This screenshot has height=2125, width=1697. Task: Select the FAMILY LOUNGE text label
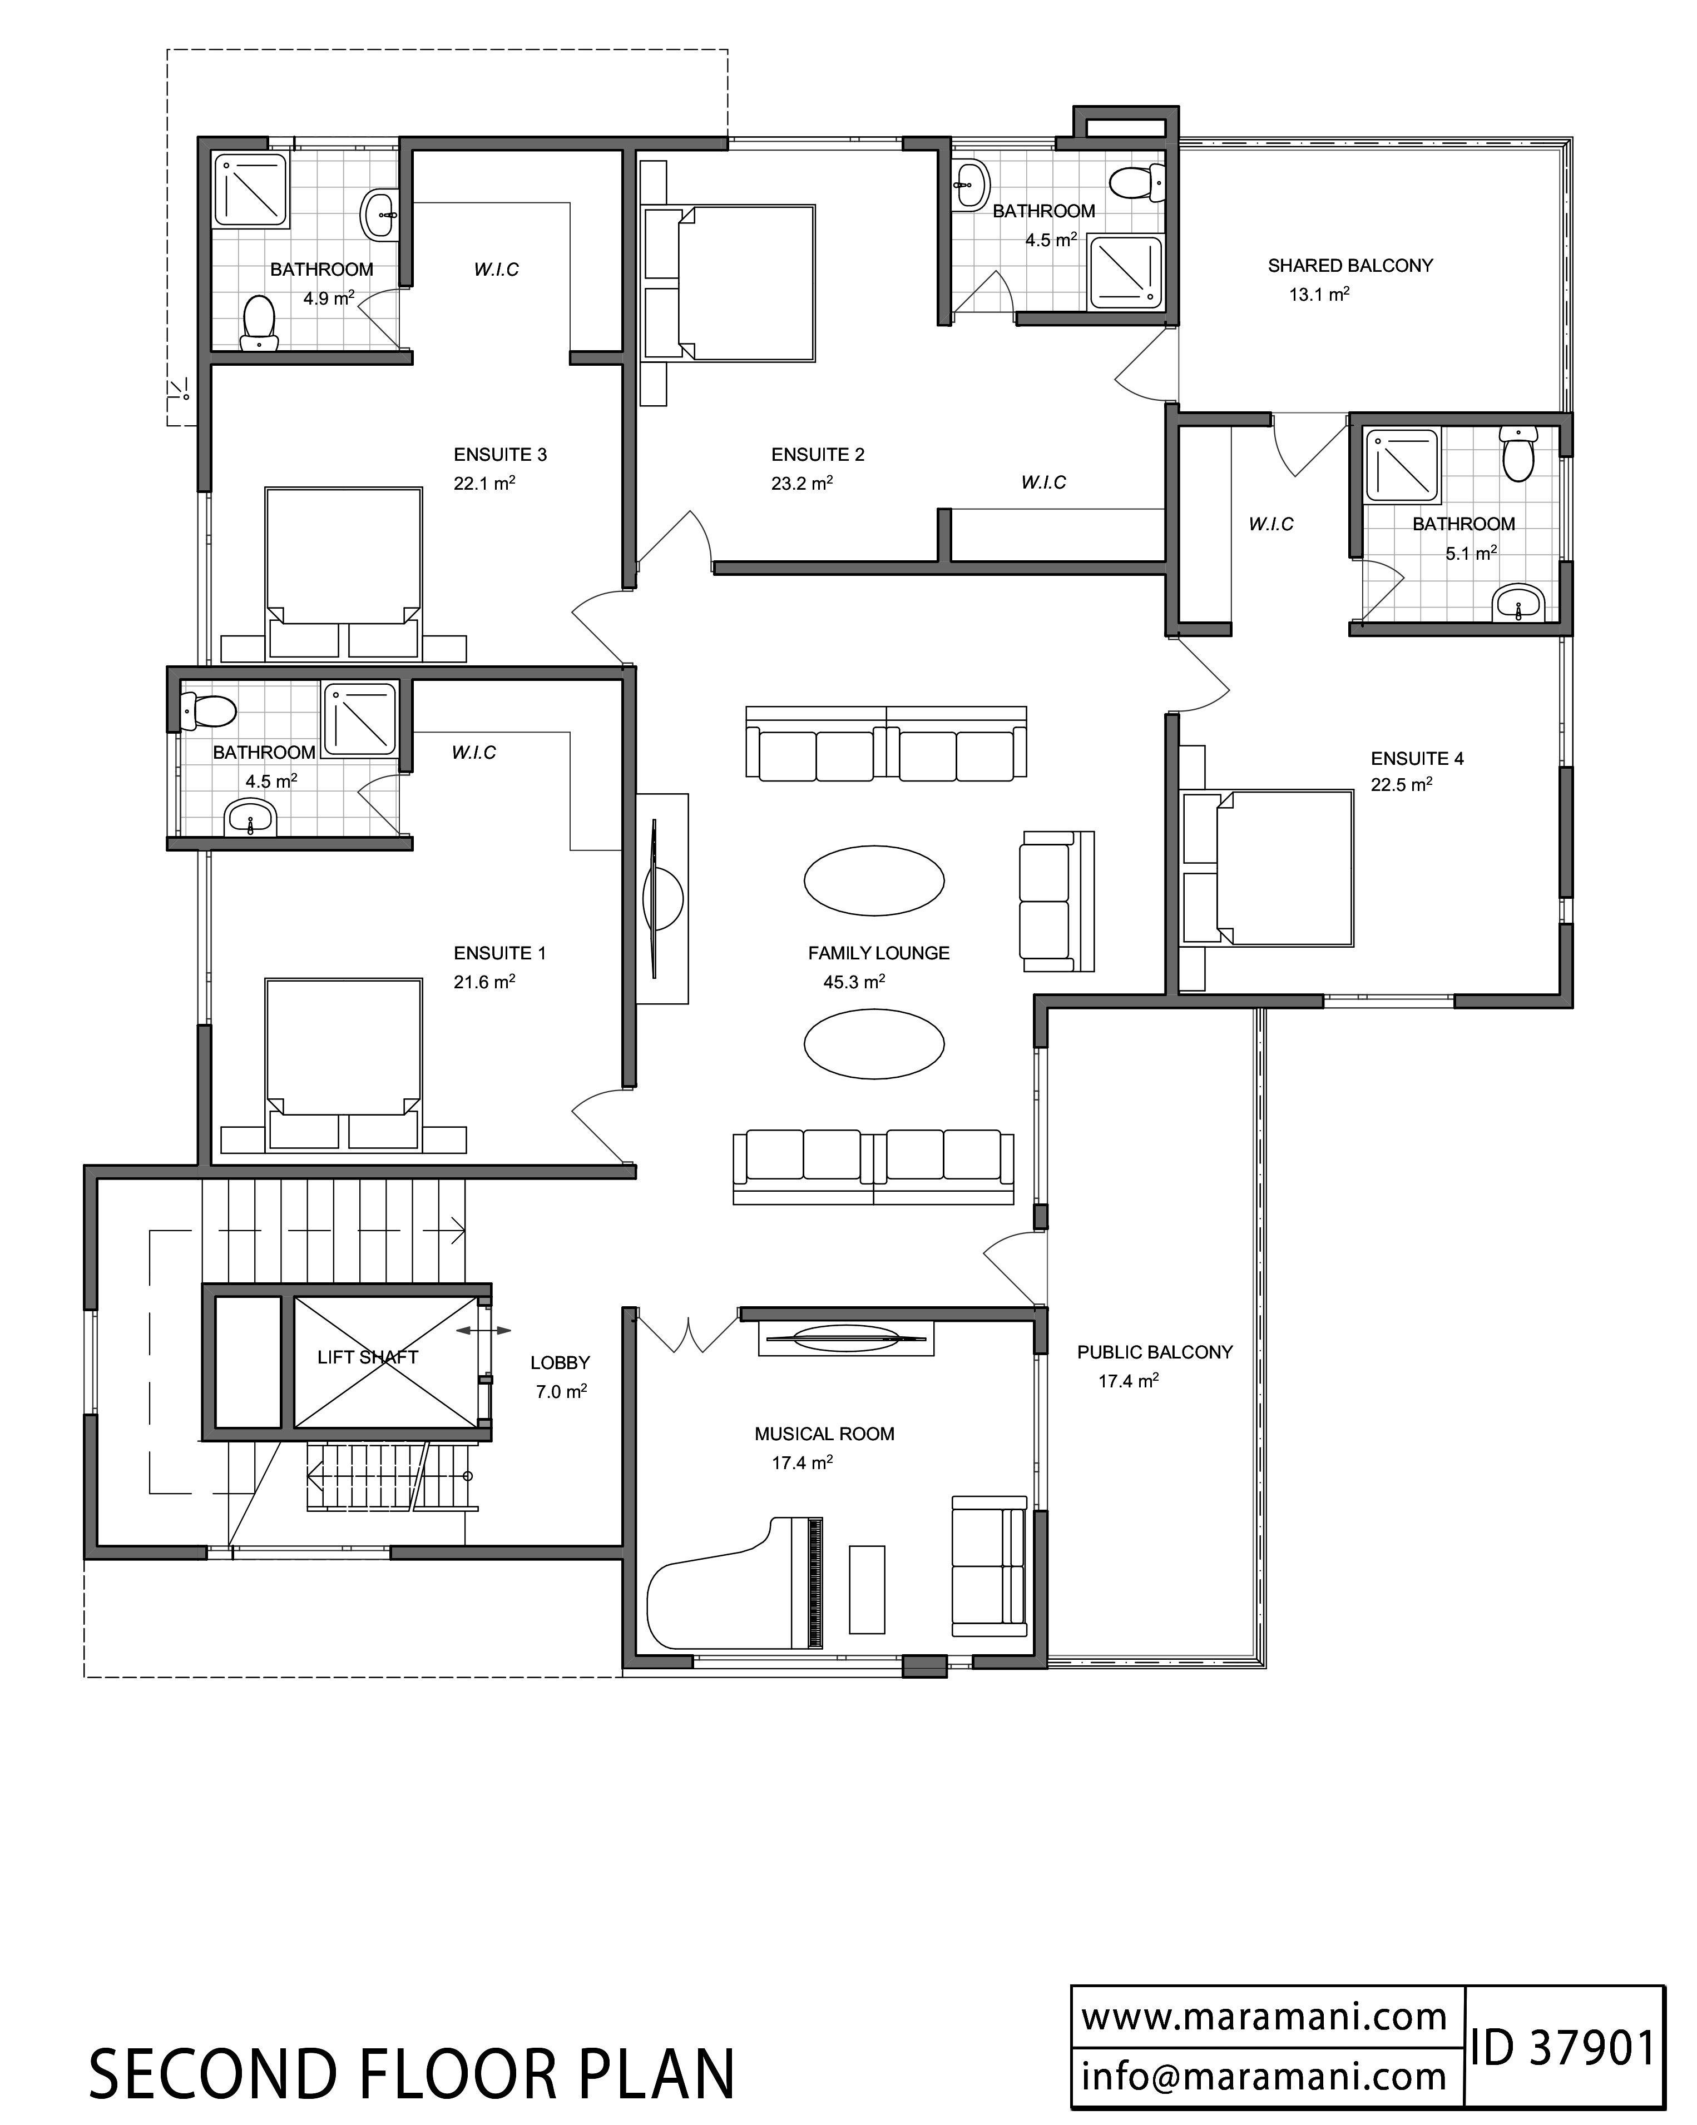[879, 953]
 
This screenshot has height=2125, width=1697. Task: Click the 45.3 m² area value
[854, 982]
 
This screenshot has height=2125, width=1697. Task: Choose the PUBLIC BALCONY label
[1155, 1352]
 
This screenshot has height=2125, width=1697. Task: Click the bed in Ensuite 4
[1267, 867]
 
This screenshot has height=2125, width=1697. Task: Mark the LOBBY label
[560, 1362]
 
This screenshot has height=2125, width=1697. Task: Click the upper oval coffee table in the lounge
[874, 880]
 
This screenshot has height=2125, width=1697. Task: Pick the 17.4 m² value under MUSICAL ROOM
[802, 1462]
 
